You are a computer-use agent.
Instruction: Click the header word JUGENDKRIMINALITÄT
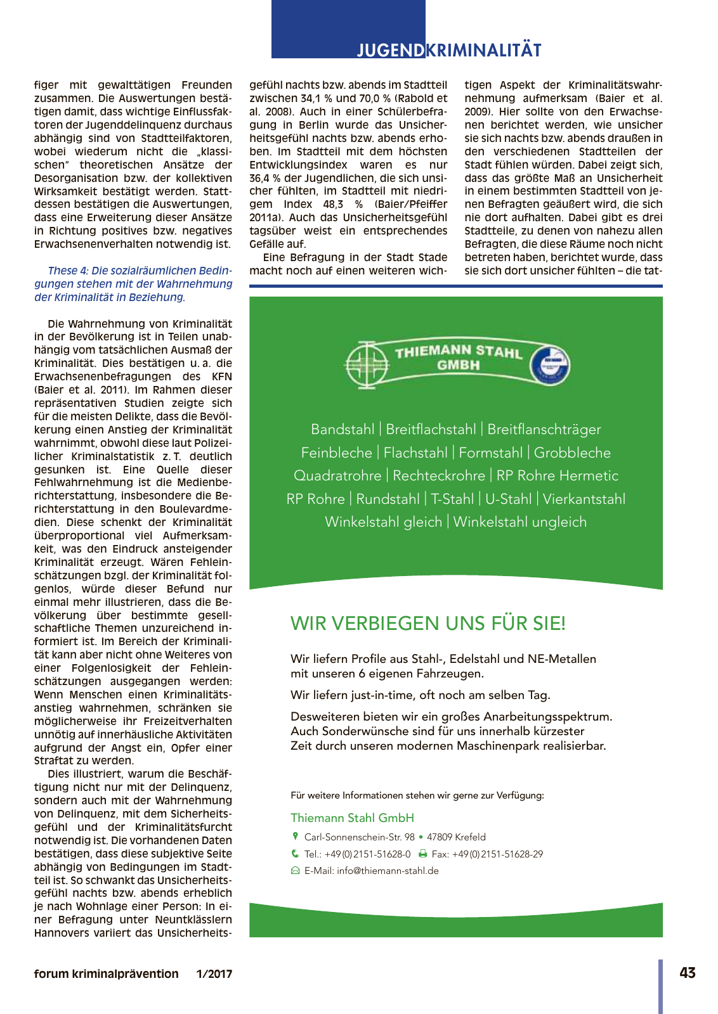click(x=448, y=50)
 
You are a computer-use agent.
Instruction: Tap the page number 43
click(x=688, y=973)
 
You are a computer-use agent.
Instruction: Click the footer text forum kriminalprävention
click(x=106, y=973)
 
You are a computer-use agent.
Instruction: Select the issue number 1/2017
click(x=214, y=973)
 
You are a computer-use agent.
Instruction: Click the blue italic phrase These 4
click(x=68, y=271)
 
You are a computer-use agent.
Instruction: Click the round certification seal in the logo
click(x=549, y=365)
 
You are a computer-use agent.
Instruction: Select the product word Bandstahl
click(x=343, y=429)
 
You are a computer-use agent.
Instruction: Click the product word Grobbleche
click(x=572, y=452)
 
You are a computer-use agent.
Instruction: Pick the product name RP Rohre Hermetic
click(x=557, y=475)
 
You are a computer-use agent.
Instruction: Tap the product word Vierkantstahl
click(x=584, y=499)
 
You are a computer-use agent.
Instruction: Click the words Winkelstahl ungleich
click(x=519, y=522)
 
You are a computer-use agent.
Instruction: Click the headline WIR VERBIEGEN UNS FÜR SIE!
click(x=428, y=623)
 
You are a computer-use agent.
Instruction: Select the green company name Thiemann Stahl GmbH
click(x=352, y=818)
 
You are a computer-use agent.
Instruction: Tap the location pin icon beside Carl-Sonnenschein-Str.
click(x=295, y=837)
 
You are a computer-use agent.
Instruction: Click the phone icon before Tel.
click(x=295, y=854)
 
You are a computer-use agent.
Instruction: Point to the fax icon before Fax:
click(x=423, y=854)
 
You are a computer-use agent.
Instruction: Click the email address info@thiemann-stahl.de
click(x=388, y=871)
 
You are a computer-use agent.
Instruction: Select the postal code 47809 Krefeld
click(x=456, y=837)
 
